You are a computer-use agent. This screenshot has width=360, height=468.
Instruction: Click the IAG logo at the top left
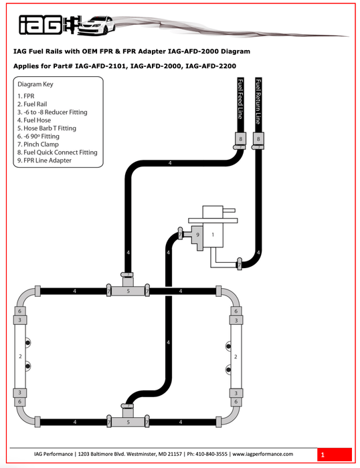click(x=41, y=26)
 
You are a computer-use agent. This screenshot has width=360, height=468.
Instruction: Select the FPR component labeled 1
click(x=213, y=235)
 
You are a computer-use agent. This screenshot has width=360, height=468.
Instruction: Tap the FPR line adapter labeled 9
click(x=197, y=235)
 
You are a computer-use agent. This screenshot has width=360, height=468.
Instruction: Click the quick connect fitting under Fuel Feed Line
click(x=240, y=139)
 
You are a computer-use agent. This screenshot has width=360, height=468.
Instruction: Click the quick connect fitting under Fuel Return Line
click(x=258, y=139)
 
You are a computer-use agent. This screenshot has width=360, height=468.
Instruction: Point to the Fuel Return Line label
click(x=258, y=104)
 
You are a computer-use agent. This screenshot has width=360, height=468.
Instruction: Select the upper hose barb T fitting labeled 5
click(x=128, y=291)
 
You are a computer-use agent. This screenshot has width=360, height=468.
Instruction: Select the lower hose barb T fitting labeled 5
click(x=128, y=422)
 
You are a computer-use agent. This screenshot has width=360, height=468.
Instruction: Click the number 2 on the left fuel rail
click(x=21, y=357)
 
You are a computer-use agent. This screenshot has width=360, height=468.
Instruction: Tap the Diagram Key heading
click(x=35, y=85)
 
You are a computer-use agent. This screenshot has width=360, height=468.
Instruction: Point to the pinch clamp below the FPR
click(x=239, y=265)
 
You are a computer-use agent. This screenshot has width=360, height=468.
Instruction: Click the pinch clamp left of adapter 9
click(x=181, y=233)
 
